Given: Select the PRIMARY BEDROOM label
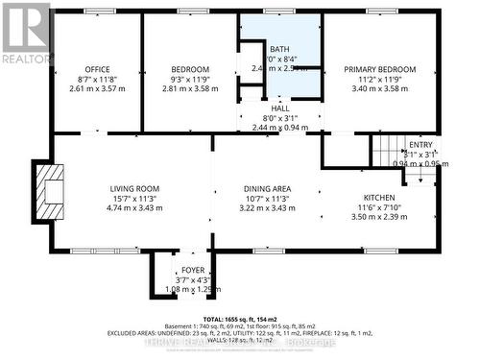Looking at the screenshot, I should coord(381,69).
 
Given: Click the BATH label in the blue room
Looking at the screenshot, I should coord(279,49).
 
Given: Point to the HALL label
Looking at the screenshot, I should coord(280,108).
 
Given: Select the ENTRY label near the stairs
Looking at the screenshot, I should coord(421,144).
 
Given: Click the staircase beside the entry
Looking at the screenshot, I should coord(386,151).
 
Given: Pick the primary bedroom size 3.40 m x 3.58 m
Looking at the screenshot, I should coord(381,88).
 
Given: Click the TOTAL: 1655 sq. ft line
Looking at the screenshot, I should coord(240,319).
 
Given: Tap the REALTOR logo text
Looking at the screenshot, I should coord(25,59).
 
